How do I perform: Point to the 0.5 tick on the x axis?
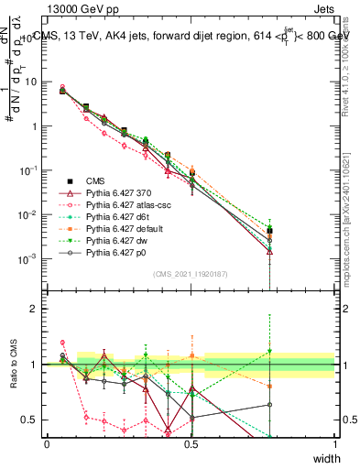coord(191,442)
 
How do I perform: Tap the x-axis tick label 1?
coord(334,442)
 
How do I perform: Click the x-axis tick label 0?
coord(47,442)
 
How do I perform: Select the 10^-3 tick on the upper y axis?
coord(29,258)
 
